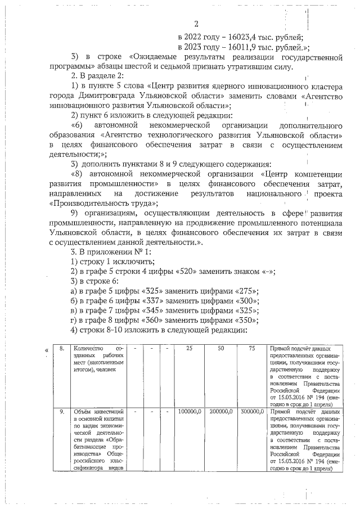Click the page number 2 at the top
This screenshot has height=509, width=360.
196,24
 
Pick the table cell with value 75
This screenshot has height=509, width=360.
251,349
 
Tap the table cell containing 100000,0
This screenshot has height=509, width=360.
189,412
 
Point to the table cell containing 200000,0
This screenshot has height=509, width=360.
220,412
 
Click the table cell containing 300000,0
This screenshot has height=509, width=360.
251,412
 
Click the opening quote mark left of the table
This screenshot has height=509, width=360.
47,352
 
